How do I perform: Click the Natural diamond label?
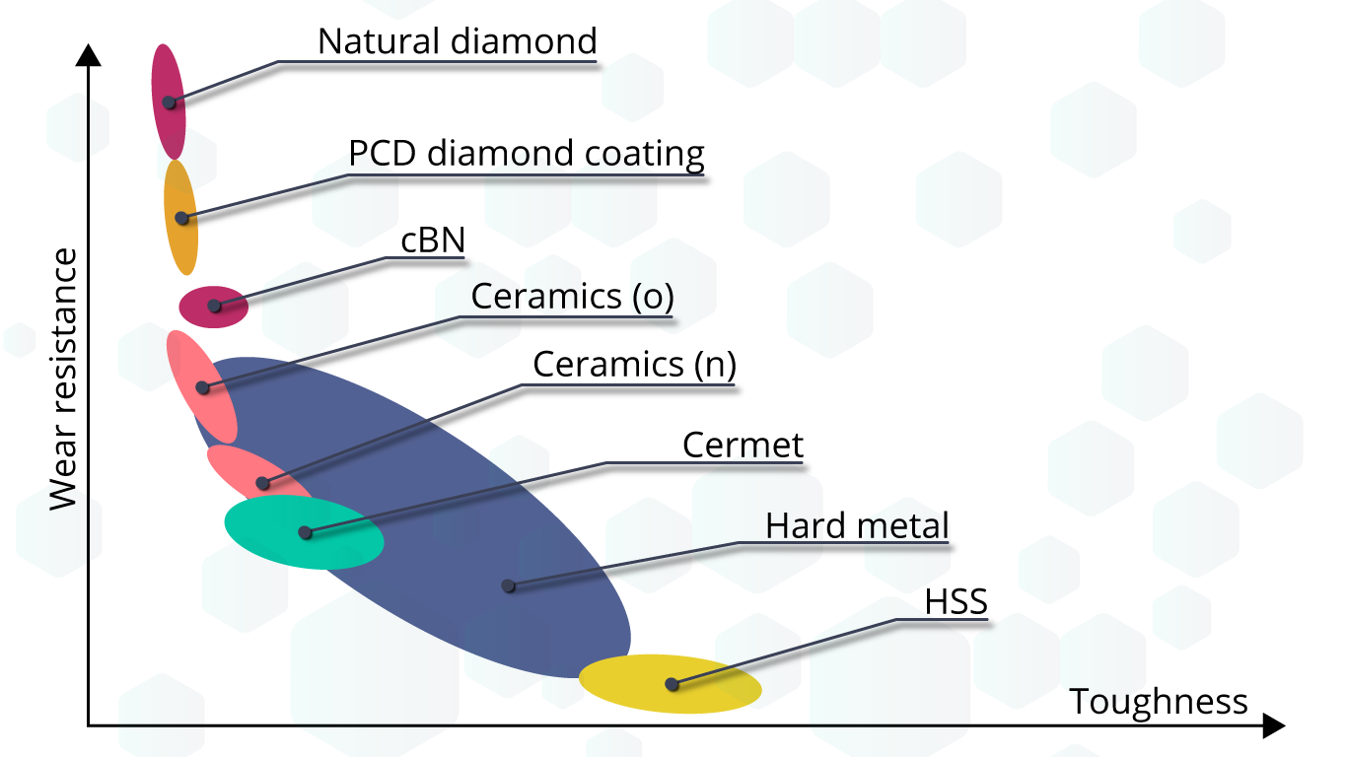pyautogui.click(x=457, y=41)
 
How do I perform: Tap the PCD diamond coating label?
pyautogui.click(x=527, y=154)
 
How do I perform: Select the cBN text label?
pyautogui.click(x=432, y=241)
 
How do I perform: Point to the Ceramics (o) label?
pyautogui.click(x=572, y=297)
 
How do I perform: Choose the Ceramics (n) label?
pyautogui.click(x=634, y=365)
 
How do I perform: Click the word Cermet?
pyautogui.click(x=743, y=446)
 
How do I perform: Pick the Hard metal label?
pyautogui.click(x=857, y=526)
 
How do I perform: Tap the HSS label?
pyautogui.click(x=956, y=601)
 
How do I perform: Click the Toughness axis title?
pyautogui.click(x=1159, y=703)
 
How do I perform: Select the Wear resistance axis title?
pyautogui.click(x=63, y=379)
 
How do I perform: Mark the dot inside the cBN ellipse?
pyautogui.click(x=214, y=306)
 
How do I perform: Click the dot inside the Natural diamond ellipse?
pyautogui.click(x=170, y=103)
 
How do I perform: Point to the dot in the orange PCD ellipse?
pyautogui.click(x=181, y=218)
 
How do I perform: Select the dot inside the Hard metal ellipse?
pyautogui.click(x=508, y=585)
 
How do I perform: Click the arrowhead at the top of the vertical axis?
pyautogui.click(x=89, y=53)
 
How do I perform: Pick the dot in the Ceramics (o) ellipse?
pyautogui.click(x=203, y=387)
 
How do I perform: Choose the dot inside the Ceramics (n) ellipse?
pyautogui.click(x=262, y=483)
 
